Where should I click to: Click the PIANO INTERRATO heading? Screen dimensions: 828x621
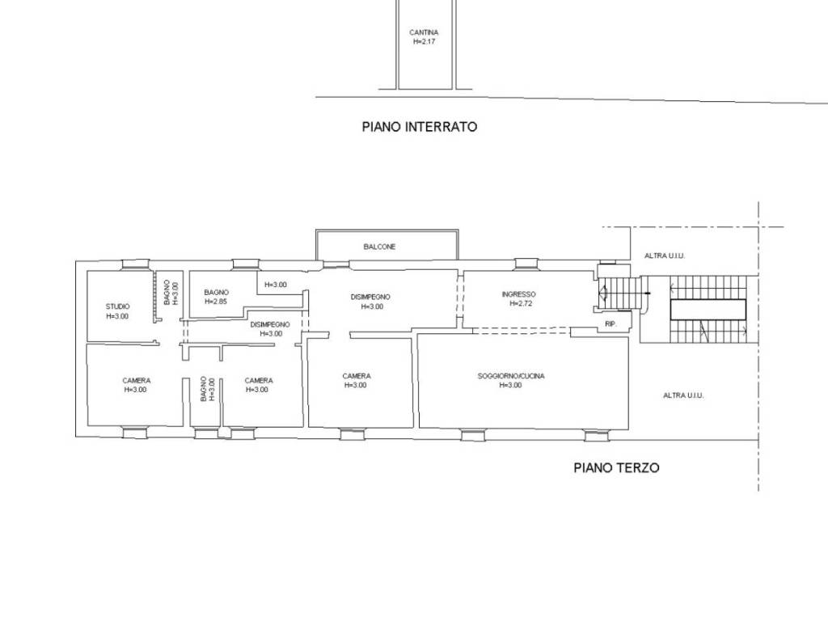[x=420, y=127]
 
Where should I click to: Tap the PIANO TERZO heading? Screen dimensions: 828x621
[x=616, y=467]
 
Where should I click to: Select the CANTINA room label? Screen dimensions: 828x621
[x=424, y=32]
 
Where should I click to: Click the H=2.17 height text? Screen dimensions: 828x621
[x=424, y=42]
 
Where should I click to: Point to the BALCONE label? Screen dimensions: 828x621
[x=379, y=247]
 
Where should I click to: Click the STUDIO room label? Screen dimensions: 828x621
[x=117, y=306]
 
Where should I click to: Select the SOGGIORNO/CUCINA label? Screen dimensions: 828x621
[x=511, y=376]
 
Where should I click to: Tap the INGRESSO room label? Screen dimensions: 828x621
[x=518, y=294]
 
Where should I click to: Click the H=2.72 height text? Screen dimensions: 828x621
[x=521, y=304]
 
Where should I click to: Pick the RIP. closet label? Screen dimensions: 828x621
[x=610, y=323]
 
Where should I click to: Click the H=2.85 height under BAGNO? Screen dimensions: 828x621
[x=216, y=302]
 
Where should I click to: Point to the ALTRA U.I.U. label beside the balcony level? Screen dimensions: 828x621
[x=665, y=256]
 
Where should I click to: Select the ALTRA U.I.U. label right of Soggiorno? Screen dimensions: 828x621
[x=683, y=395]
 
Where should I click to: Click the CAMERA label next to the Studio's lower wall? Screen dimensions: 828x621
[x=136, y=380]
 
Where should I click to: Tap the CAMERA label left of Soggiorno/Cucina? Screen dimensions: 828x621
[x=357, y=376]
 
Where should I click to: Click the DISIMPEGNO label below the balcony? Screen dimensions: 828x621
[x=370, y=297]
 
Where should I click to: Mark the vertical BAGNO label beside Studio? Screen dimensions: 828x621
[x=167, y=293]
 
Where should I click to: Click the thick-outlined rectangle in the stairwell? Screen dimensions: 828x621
[x=708, y=310]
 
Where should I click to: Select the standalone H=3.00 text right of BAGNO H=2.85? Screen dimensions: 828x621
[x=276, y=285]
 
